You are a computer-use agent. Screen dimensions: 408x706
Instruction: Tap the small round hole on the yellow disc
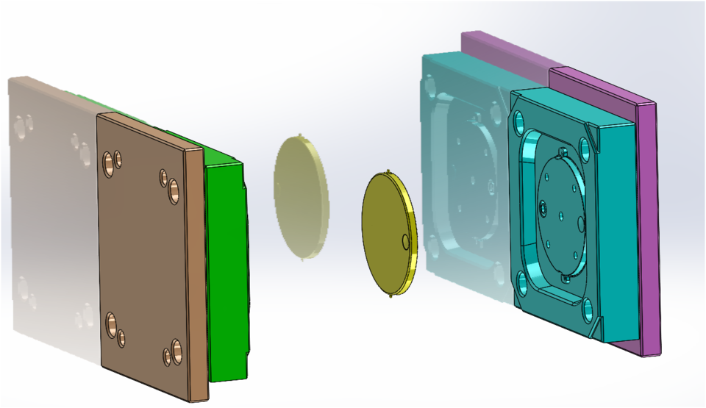tap(405, 240)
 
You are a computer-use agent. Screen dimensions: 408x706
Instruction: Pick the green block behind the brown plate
tap(227, 272)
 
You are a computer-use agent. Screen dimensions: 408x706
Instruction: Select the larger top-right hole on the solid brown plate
tap(174, 190)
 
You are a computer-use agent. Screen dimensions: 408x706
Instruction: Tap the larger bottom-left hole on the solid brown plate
tap(111, 322)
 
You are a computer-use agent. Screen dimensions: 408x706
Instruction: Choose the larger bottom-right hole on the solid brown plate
tap(176, 347)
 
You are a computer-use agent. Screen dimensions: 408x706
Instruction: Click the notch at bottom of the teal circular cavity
tap(565, 278)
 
